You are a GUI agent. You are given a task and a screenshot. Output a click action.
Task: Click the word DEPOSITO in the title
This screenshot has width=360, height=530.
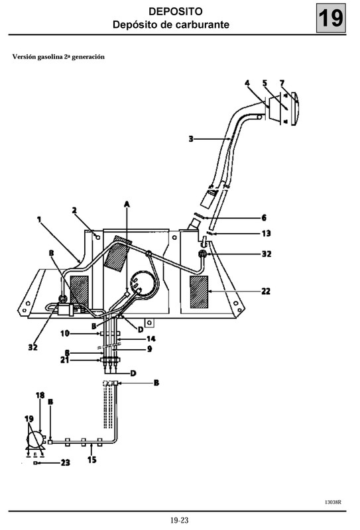tap(171, 12)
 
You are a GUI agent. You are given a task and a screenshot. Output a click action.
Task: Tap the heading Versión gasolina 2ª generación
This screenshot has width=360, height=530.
tap(58, 57)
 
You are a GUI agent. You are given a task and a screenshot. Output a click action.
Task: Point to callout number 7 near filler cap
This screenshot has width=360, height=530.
tap(282, 83)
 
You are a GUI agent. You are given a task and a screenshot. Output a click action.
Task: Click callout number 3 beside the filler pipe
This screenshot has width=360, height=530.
tap(191, 139)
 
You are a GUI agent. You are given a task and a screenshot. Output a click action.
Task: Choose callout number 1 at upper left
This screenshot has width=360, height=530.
tap(39, 218)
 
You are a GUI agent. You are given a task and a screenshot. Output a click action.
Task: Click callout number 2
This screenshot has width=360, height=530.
tap(75, 211)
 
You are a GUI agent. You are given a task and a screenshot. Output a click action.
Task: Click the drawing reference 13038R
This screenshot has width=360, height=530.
tap(333, 502)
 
